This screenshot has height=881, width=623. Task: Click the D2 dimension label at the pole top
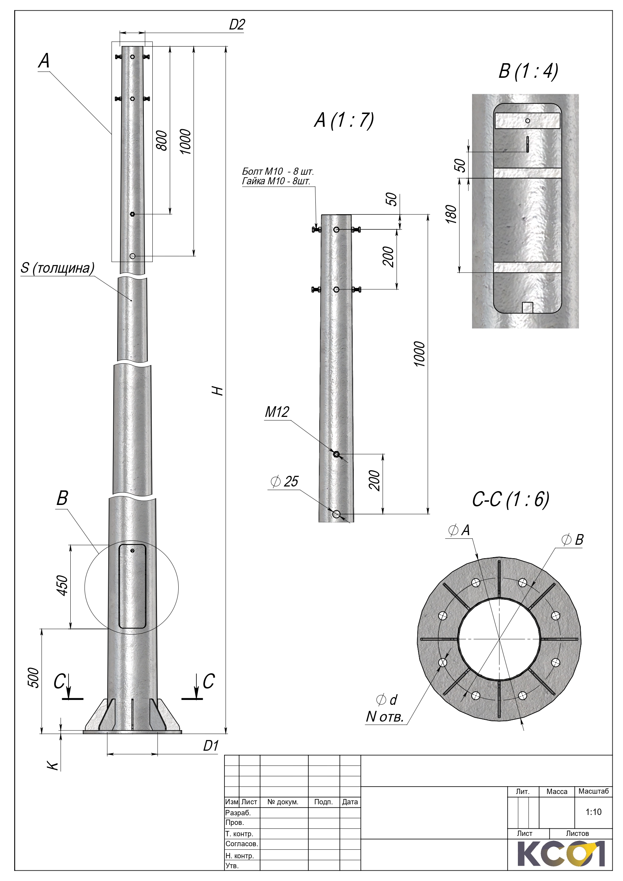(237, 25)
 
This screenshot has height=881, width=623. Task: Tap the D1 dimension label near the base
(211, 746)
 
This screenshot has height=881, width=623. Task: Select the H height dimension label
(218, 391)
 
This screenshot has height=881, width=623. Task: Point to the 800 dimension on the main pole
(162, 140)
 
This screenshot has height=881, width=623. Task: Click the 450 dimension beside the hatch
(62, 585)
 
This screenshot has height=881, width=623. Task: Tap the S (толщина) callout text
(58, 268)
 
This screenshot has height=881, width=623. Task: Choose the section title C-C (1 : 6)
(510, 499)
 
